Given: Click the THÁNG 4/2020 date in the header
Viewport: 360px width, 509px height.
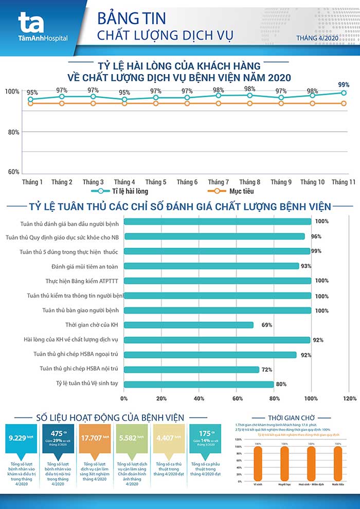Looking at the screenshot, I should tap(317, 38).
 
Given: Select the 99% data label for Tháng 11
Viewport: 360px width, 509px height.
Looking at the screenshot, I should tap(344, 85).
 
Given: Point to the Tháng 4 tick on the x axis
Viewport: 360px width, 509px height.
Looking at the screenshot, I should tap(124, 182).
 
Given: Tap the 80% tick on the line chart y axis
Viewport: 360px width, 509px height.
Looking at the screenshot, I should tap(13, 132).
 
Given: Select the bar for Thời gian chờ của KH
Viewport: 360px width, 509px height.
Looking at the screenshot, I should tap(189, 325).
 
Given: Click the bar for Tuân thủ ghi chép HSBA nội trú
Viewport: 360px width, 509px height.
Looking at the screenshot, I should tap(191, 369).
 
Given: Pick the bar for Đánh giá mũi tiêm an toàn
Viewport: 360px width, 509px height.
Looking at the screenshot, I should tap(211, 266).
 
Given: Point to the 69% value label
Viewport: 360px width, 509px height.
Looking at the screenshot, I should tap(266, 325).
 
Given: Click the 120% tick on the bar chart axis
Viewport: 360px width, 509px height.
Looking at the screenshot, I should tap(349, 398).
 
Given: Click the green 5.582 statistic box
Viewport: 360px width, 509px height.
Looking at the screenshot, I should tap(131, 439).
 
